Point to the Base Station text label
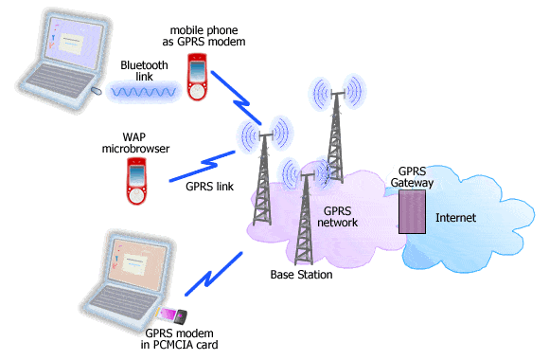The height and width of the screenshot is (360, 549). click(x=301, y=275)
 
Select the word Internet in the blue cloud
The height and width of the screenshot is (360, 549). click(x=454, y=218)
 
